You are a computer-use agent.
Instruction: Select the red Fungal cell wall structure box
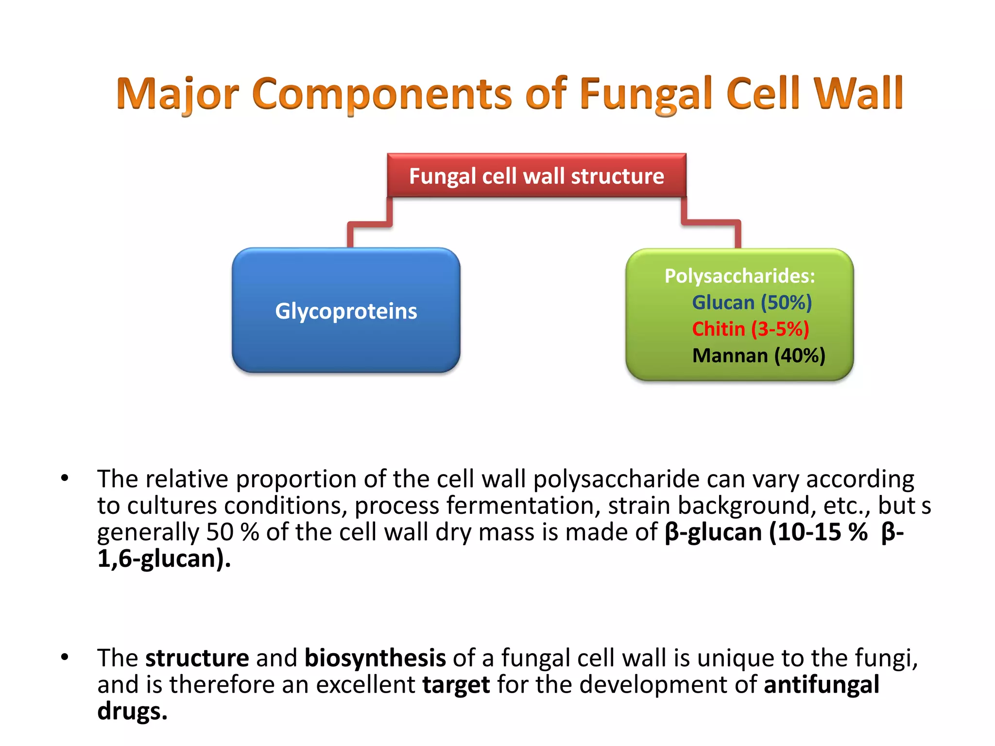(x=536, y=176)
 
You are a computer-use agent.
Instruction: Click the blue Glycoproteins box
(x=346, y=311)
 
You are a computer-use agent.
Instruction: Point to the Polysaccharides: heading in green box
(x=739, y=276)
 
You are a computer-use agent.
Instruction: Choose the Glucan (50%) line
(x=752, y=303)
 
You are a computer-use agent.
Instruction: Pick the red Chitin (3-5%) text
(x=750, y=329)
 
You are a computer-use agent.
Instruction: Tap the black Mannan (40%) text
(x=758, y=356)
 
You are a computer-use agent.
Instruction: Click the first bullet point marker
(x=65, y=478)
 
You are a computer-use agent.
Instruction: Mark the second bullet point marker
(x=65, y=658)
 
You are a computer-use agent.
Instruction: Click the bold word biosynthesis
(x=375, y=658)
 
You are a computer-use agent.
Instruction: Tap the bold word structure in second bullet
(x=197, y=658)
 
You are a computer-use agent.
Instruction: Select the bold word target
(x=456, y=685)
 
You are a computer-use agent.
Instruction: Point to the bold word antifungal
(x=821, y=685)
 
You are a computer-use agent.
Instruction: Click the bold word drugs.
(x=132, y=711)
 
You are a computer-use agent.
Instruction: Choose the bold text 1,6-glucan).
(x=164, y=559)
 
